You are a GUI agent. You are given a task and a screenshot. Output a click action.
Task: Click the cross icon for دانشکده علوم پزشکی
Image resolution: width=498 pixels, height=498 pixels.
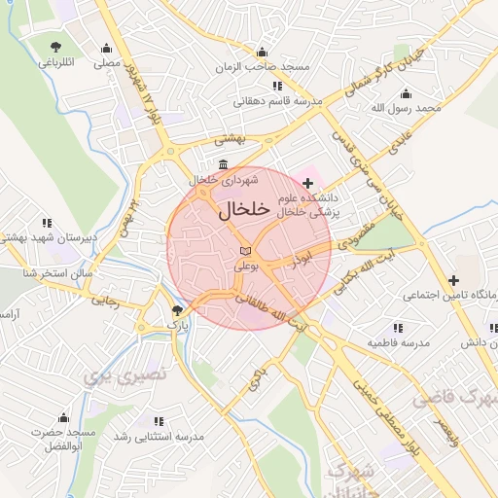tap(308, 182)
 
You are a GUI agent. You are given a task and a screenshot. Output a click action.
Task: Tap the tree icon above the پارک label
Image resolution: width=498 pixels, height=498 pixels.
tap(176, 309)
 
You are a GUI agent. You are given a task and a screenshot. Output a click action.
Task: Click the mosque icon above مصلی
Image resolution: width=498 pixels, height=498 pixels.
tap(105, 49)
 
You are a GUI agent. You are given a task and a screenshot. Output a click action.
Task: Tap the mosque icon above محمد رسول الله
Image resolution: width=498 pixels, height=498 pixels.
tap(406, 93)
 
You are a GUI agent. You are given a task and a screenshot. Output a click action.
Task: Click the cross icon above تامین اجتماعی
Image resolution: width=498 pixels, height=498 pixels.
tap(452, 280)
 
